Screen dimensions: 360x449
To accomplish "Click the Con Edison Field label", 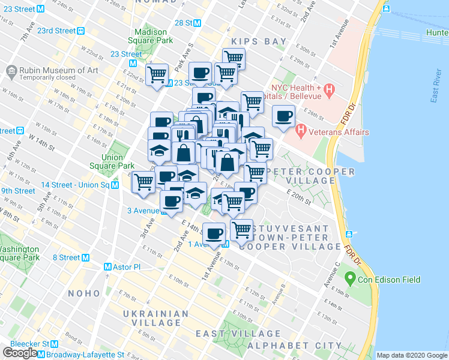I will (x=390, y=279).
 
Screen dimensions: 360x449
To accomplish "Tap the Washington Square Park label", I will (x=20, y=253).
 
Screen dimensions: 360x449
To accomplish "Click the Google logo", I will (x=20, y=353).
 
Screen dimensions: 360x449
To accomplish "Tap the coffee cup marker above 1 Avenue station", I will (x=214, y=233).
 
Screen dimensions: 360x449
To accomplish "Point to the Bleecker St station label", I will (x=30, y=344).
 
